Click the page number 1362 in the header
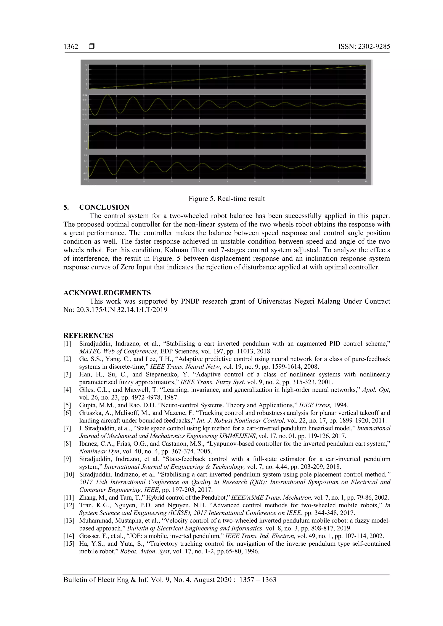click(x=71, y=47)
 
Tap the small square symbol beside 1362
click(x=92, y=47)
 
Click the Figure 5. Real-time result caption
click(x=226, y=199)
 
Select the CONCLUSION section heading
click(x=104, y=207)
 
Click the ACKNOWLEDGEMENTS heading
click(x=107, y=293)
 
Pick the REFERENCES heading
click(x=88, y=335)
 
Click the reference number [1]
click(x=67, y=344)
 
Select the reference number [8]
click(x=67, y=444)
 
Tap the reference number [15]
click(x=69, y=544)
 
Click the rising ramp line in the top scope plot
click(x=226, y=77)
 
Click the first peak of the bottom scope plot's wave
click(x=101, y=159)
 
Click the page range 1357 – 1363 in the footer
click(x=257, y=580)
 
